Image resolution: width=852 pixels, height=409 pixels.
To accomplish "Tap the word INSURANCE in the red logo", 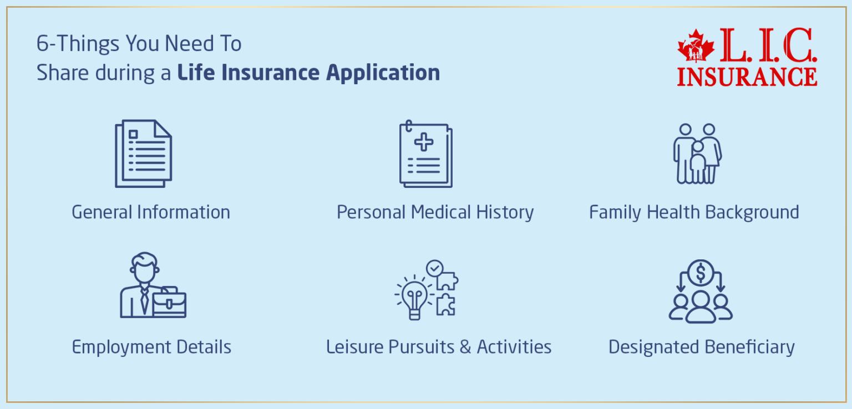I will click(747, 76).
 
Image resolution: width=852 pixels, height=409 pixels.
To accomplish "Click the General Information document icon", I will click(143, 154).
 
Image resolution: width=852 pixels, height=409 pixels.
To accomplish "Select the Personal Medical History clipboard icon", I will click(425, 154).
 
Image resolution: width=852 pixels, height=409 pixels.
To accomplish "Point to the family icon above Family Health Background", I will click(697, 154).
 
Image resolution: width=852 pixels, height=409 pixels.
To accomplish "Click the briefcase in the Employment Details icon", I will click(169, 303).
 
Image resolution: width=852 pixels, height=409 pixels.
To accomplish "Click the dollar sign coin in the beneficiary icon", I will click(701, 272).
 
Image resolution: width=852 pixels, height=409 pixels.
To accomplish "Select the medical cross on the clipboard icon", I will click(424, 142).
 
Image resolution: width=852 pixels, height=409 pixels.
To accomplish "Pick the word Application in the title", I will click(383, 73).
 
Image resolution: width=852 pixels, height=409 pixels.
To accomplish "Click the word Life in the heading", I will click(196, 73).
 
